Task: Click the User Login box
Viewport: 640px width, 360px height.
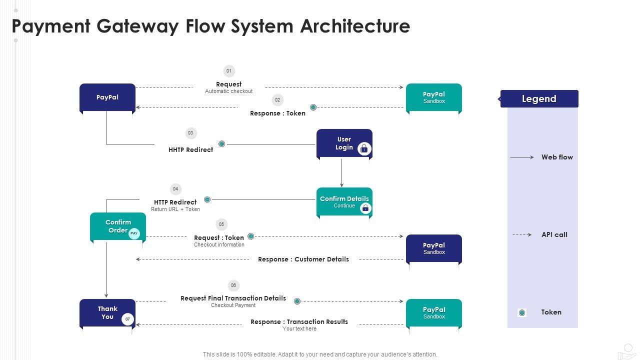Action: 344,143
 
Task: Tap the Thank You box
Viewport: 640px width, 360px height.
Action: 107,313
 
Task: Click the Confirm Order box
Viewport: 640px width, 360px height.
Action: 118,226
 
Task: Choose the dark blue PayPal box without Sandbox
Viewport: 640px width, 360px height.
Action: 107,97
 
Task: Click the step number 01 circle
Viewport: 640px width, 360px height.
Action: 229,71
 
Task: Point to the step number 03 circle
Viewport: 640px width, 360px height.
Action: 190,133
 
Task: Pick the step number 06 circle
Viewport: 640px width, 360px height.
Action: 233,285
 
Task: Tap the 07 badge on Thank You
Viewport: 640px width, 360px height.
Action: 127,319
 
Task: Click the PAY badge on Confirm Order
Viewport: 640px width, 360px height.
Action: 134,233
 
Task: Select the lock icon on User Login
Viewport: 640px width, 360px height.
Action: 364,148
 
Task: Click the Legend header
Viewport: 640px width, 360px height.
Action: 539,99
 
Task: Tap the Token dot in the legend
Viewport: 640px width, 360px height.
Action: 522,313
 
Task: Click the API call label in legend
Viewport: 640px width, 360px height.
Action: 554,234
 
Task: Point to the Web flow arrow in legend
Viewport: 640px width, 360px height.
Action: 522,157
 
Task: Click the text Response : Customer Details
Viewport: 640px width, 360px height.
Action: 303,259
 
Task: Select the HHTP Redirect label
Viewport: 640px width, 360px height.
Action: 190,149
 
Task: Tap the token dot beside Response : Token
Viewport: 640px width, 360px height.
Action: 313,107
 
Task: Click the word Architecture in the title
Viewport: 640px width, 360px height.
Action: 355,26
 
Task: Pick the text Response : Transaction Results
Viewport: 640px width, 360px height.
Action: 299,321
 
